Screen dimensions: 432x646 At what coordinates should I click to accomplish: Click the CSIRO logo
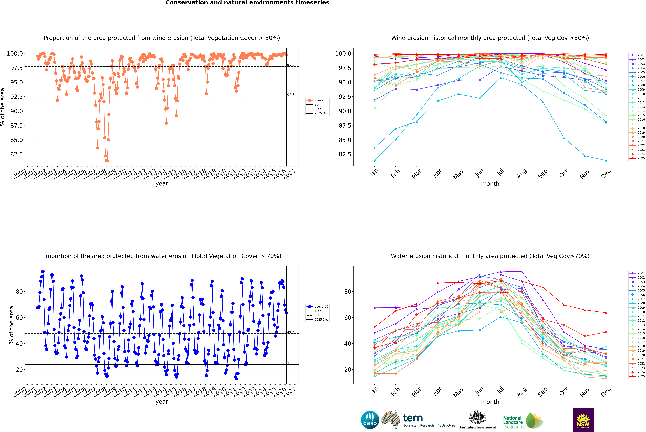[370, 420]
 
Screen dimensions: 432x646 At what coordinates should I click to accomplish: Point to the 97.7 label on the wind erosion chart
[291, 65]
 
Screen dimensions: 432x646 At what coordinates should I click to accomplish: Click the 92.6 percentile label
[291, 95]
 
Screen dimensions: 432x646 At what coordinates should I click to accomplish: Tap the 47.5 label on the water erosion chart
[291, 333]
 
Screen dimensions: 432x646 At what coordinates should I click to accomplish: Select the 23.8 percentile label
[291, 363]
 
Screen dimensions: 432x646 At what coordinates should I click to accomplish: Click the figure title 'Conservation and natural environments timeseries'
[247, 3]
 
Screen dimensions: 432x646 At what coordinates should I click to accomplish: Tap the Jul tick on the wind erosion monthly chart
[500, 172]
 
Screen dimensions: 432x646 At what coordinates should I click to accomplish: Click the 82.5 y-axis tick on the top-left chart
[17, 154]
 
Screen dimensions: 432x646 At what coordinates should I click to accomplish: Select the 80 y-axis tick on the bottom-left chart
[19, 291]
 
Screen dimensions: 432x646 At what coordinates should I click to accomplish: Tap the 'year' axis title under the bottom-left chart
[162, 402]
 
